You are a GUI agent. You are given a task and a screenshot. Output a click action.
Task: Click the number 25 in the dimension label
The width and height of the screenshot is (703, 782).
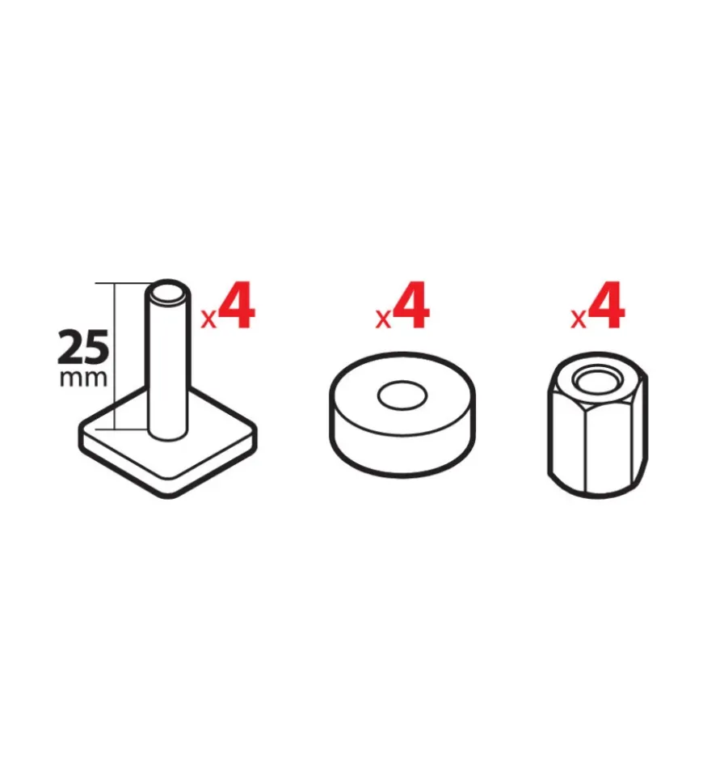[x=83, y=347]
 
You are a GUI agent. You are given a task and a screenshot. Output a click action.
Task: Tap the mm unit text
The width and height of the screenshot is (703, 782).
[x=83, y=378]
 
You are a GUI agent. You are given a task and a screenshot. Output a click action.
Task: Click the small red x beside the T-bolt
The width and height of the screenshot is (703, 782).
[x=209, y=319]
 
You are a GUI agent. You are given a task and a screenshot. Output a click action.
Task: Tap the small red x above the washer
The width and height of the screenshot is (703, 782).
[x=384, y=319]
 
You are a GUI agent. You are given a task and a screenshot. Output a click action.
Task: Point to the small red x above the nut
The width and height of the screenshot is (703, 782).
[x=579, y=319]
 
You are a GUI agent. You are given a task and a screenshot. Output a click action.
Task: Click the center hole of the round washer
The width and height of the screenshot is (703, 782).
[x=402, y=396]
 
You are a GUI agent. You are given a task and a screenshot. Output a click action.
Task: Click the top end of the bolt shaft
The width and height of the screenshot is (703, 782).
[x=168, y=293]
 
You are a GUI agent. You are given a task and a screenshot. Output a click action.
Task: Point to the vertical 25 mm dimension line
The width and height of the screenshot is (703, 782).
[x=115, y=356]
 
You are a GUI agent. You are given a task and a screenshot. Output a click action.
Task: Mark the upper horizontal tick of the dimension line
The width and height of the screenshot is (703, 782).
[x=123, y=284]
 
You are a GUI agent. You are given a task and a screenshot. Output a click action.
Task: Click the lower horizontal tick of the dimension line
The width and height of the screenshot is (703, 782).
[x=122, y=429]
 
